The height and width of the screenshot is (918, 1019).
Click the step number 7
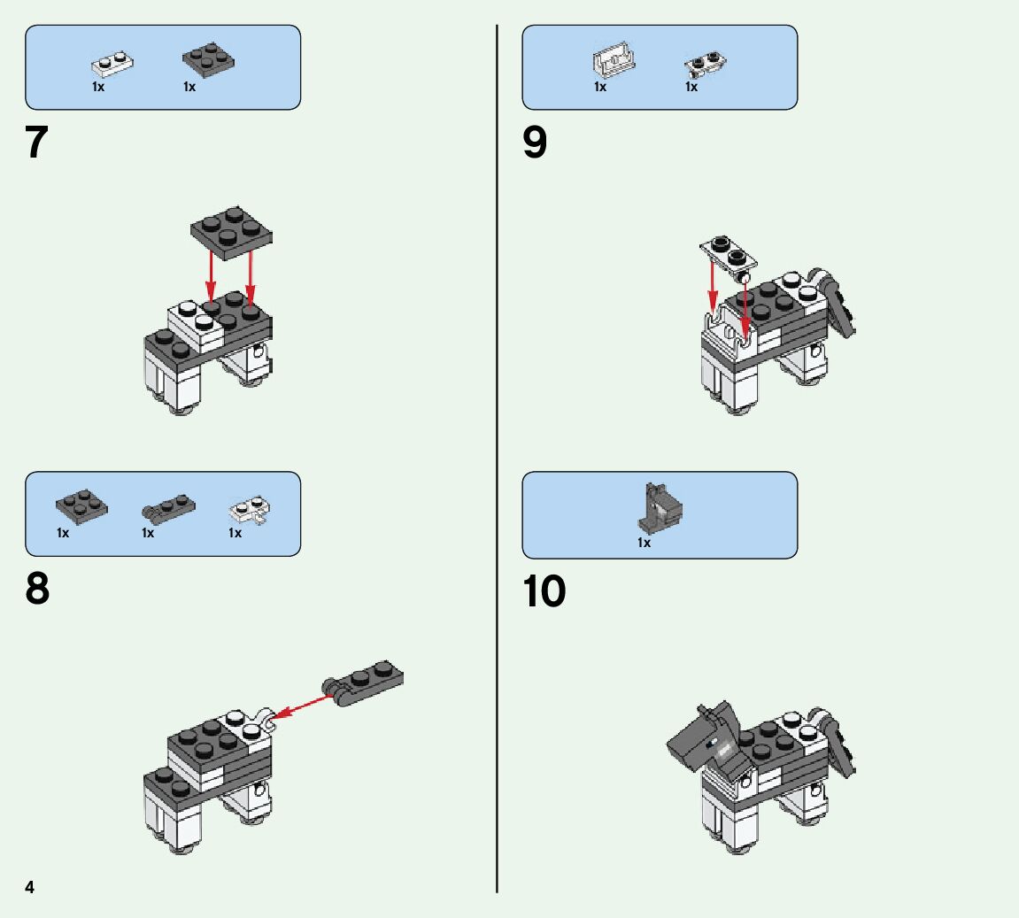(x=36, y=142)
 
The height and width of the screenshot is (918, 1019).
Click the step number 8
(x=37, y=589)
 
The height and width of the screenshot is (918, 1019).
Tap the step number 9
(x=535, y=143)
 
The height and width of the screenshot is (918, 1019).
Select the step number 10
(x=544, y=590)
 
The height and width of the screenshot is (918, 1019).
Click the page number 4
(x=29, y=887)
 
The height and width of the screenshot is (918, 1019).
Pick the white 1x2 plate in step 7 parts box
(x=112, y=63)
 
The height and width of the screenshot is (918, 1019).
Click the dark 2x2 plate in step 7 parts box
(x=209, y=60)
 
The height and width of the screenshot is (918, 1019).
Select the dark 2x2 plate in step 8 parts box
(x=81, y=506)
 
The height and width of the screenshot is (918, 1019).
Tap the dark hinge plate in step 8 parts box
(x=168, y=507)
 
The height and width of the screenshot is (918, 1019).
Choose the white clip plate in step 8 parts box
(x=251, y=511)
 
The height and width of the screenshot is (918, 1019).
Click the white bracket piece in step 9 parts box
(x=614, y=60)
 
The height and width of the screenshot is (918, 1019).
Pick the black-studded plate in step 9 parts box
(x=705, y=63)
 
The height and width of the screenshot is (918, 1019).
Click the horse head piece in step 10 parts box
(x=660, y=507)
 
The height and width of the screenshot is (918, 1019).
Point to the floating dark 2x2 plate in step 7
(x=231, y=233)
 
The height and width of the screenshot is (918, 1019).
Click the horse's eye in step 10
(x=714, y=742)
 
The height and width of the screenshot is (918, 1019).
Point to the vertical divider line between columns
(x=498, y=459)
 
